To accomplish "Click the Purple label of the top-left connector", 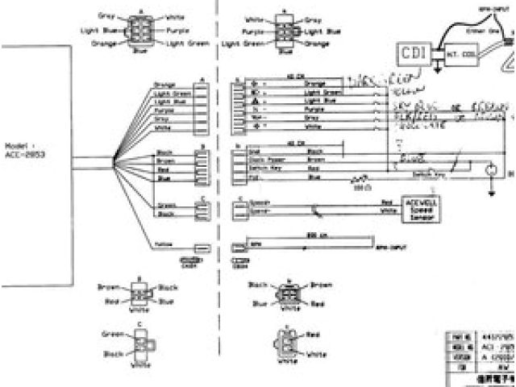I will click(x=177, y=30).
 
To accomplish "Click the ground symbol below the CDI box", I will click(x=436, y=71).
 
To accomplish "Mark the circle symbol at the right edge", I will click(x=488, y=169).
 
